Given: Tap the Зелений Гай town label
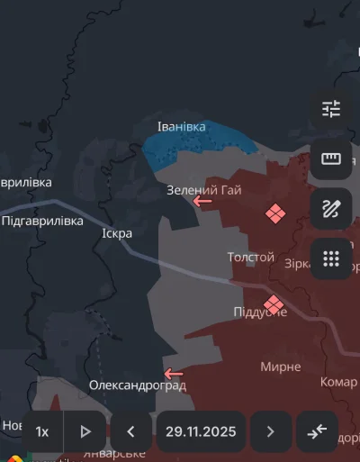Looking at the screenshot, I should coord(203,189).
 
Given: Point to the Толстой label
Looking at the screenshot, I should coord(250,258).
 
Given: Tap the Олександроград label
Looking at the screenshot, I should coord(137,385).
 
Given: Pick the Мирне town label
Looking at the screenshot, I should coord(281,367).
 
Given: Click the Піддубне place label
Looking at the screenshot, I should coord(260,312).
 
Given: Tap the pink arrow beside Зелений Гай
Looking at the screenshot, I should coord(203,201).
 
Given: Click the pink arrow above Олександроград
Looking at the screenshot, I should coord(174,373).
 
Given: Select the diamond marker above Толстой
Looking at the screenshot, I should coord(274,213).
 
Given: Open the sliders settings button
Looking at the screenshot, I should coord(330,110).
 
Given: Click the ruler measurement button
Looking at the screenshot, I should coord(330,159).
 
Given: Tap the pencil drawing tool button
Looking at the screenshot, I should coord(330,209).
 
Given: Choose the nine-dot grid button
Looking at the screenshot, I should coord(330,259).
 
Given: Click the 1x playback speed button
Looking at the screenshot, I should coord(42,431).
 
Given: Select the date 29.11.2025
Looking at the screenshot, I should coord(201,431).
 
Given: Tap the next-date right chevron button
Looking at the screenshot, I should coord(271,431).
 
